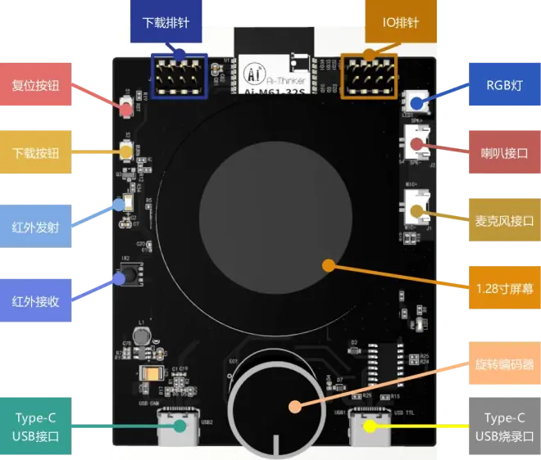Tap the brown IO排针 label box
[x=401, y=23]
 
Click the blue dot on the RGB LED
[x=416, y=104]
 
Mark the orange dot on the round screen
[x=328, y=265]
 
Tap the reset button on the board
[x=127, y=106]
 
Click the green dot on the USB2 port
[x=179, y=426]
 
